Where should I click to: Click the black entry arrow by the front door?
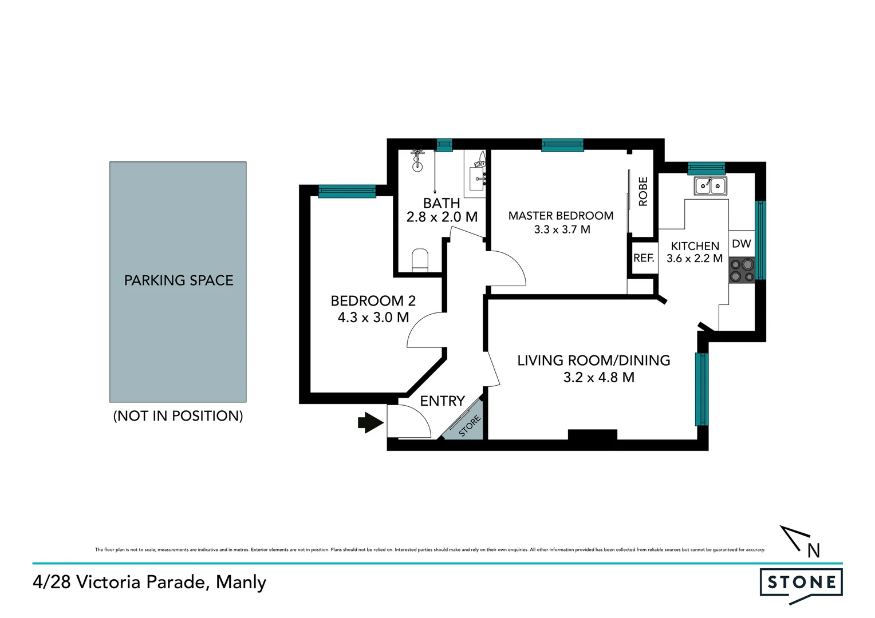pyautogui.click(x=370, y=423)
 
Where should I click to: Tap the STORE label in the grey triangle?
pyautogui.click(x=470, y=426)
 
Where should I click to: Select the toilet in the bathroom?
pyautogui.click(x=420, y=260)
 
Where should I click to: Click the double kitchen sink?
pyautogui.click(x=710, y=185)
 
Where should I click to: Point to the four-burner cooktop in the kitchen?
pyautogui.click(x=742, y=271)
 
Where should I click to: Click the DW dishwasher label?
pyautogui.click(x=742, y=244)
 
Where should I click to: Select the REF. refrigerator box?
pyautogui.click(x=644, y=258)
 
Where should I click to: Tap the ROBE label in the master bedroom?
pyautogui.click(x=643, y=192)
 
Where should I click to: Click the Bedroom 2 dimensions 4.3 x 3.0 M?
pyautogui.click(x=373, y=318)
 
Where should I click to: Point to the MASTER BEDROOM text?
pyautogui.click(x=561, y=216)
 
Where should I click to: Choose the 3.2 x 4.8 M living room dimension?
pyautogui.click(x=598, y=378)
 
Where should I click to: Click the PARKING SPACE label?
pyautogui.click(x=179, y=280)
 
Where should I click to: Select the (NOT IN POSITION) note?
pyautogui.click(x=178, y=416)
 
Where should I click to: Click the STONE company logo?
pyautogui.click(x=801, y=584)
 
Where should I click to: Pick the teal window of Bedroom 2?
pyautogui.click(x=346, y=192)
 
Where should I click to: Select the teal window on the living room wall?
pyautogui.click(x=701, y=389)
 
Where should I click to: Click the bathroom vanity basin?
pyautogui.click(x=478, y=178)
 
